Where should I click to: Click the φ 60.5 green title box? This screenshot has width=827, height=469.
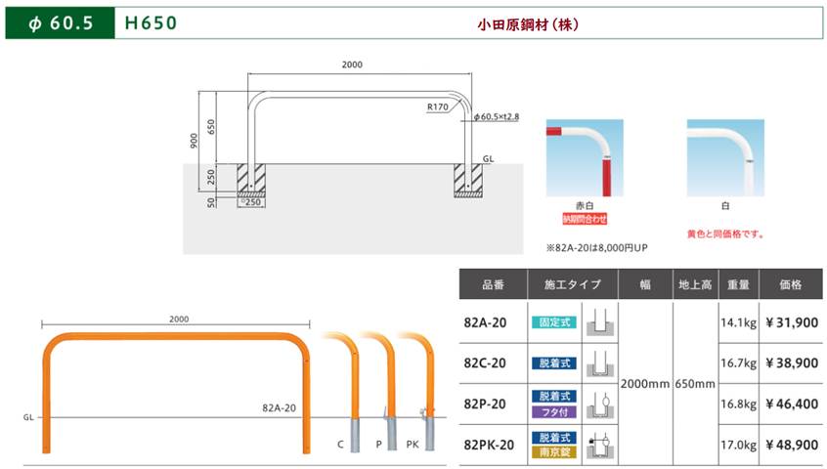pos(61,23)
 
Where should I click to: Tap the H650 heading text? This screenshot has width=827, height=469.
pos(151,23)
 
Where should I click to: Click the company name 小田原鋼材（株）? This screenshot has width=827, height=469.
pos(528,24)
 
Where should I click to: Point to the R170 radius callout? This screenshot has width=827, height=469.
pos(438,107)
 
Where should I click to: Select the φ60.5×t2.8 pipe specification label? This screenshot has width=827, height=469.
pos(497,116)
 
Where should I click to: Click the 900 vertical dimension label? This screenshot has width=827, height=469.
pos(195,141)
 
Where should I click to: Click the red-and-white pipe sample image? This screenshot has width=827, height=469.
pos(585,157)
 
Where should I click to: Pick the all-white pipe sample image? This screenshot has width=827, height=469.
pos(725,157)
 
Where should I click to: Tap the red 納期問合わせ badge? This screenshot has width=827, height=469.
pos(585,219)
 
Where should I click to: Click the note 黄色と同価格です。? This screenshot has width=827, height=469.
pos(725,234)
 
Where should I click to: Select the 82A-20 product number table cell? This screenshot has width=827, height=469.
pos(485,322)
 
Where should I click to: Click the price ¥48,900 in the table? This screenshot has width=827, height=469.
pos(792,445)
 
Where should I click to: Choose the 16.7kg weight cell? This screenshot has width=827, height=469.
pos(738,363)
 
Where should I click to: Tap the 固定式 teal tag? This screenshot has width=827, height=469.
pos(554,322)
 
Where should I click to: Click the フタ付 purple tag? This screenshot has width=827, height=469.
pos(554,412)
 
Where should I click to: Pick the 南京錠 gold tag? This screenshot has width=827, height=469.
pos(554,452)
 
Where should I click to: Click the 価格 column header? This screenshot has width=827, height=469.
pos(791,284)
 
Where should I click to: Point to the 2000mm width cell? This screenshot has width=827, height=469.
pos(645,384)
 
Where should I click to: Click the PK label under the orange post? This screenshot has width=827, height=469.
pos(413,445)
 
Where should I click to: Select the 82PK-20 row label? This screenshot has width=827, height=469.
pos(489,446)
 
